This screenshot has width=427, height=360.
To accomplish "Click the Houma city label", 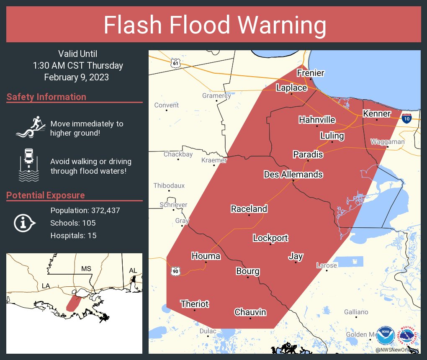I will pyautogui.click(x=206, y=256).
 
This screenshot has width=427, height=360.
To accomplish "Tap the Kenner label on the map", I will pyautogui.click(x=377, y=114).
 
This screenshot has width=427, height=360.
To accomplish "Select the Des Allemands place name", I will pyautogui.click(x=293, y=174).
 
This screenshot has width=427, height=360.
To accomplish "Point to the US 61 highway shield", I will pyautogui.click(x=175, y=63).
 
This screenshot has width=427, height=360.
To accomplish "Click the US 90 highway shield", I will pyautogui.click(x=175, y=271).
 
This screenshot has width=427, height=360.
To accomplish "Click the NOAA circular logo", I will pyautogui.click(x=386, y=336).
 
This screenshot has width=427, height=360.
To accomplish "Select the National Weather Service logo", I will pyautogui.click(x=408, y=336).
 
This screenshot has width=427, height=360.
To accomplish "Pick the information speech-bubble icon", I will pyautogui.click(x=25, y=223).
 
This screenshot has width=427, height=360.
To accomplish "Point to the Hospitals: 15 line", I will pyautogui.click(x=73, y=236).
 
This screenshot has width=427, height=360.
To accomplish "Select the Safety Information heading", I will pyautogui.click(x=46, y=97).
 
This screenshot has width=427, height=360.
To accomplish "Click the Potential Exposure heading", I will pyautogui.click(x=46, y=195).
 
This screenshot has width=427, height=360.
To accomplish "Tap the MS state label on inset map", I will pyautogui.click(x=86, y=268).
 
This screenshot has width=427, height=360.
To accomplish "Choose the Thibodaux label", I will pyautogui.click(x=169, y=185).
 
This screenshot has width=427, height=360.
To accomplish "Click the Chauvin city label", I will pyautogui.click(x=250, y=312).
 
